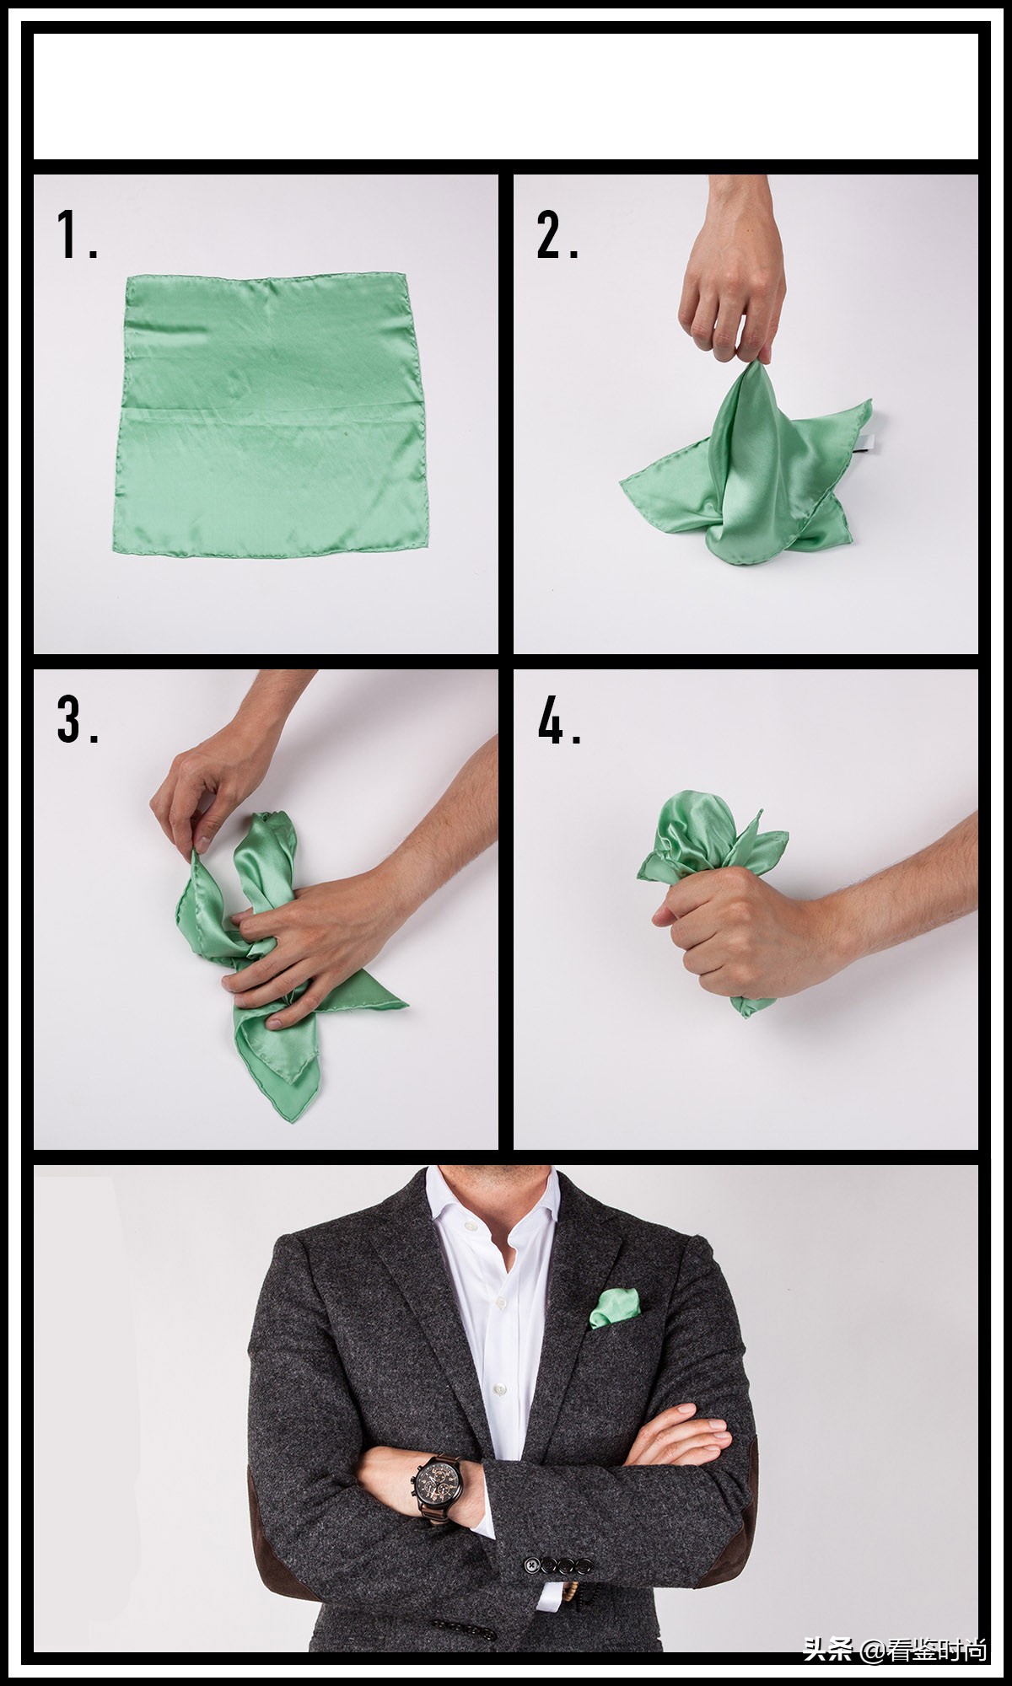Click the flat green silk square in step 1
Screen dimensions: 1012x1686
point(269,416)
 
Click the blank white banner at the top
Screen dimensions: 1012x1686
point(506,96)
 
